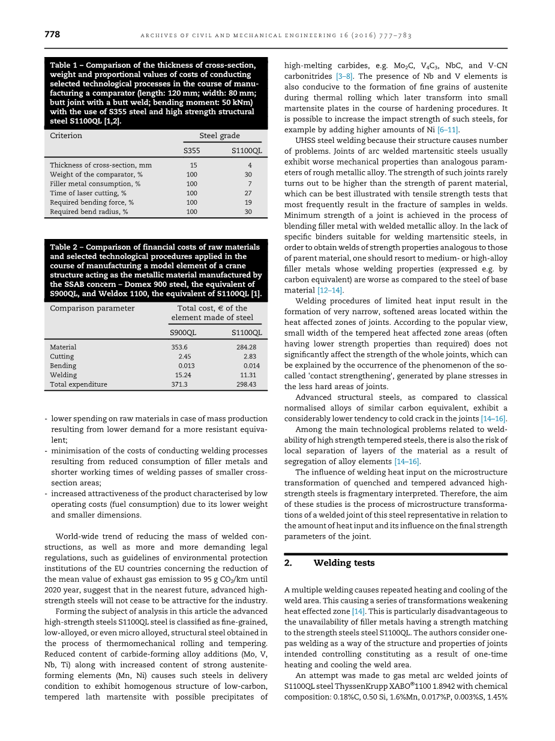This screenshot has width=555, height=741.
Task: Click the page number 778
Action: tap(52, 35)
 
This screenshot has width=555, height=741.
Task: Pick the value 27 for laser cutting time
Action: tap(248, 193)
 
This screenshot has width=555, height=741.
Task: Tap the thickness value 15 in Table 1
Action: tap(193, 165)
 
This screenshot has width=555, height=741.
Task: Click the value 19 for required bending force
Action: tap(248, 202)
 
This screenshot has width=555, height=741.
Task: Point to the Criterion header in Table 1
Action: tap(66, 136)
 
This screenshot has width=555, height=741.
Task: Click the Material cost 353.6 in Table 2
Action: tap(179, 347)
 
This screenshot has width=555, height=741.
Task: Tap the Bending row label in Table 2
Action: tap(63, 366)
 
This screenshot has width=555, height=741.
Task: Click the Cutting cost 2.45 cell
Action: tap(184, 357)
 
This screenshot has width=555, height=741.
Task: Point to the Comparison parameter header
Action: tap(92, 308)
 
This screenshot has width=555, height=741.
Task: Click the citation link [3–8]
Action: tap(344, 76)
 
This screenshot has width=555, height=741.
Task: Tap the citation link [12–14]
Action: tap(330, 291)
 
